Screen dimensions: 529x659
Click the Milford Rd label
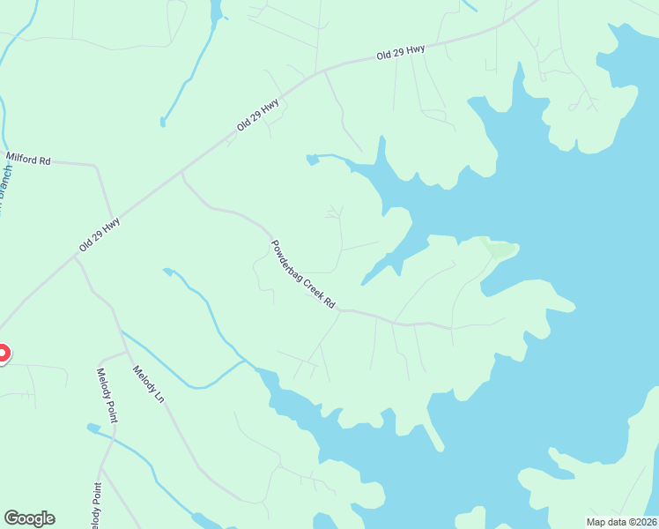click(x=29, y=159)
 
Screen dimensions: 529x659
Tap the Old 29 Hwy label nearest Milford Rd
click(x=99, y=235)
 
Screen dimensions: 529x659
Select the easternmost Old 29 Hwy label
click(x=401, y=53)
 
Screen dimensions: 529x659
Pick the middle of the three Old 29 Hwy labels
click(x=258, y=115)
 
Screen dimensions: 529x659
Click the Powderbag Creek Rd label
click(x=303, y=274)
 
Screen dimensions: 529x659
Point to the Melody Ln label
click(x=148, y=384)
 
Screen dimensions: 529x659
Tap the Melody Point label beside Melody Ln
click(x=107, y=395)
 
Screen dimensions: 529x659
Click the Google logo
click(x=29, y=518)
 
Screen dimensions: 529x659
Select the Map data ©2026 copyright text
click(x=621, y=521)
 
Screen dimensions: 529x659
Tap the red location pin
click(x=1, y=354)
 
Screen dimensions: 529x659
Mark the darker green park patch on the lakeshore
click(x=500, y=250)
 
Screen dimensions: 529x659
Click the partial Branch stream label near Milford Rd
click(x=5, y=190)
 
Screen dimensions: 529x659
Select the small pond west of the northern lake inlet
click(x=311, y=160)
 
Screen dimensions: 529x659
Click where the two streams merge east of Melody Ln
click(x=245, y=361)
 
